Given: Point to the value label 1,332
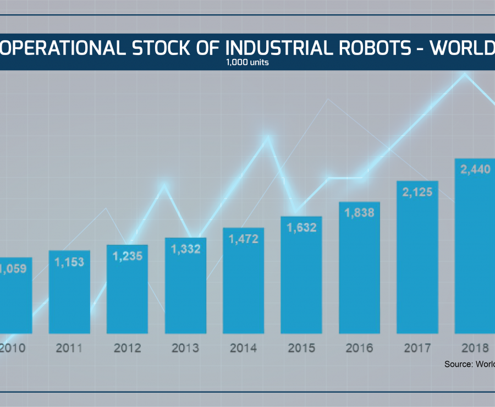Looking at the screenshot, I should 186,249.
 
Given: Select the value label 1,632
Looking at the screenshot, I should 301,227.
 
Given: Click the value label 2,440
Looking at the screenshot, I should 475,169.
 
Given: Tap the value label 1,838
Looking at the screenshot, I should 360,213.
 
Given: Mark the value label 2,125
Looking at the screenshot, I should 417,192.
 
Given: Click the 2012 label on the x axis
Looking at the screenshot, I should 128,348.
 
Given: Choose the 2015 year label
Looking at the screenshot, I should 301,348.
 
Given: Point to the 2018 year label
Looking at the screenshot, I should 475,348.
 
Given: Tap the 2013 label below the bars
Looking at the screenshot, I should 186,348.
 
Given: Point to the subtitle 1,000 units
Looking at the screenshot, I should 247,62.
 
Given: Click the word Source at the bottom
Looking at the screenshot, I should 459,364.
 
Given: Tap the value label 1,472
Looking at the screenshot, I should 244,239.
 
